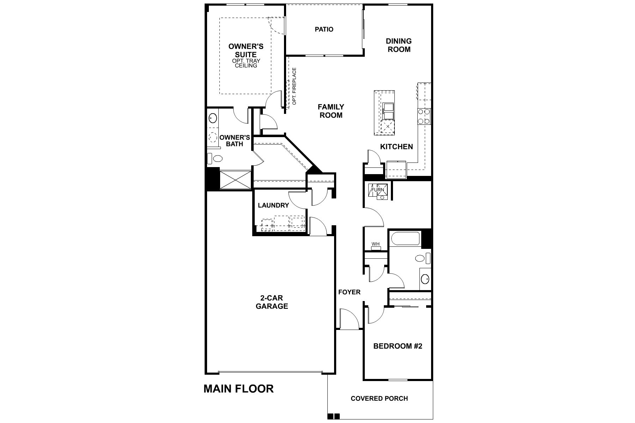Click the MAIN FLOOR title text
pos(238,389)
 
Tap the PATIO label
pos(324,29)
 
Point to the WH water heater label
pos(375,244)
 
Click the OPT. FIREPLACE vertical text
pos(294,86)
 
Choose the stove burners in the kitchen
pos(424,117)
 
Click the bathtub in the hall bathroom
pos(405,239)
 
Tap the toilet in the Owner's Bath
pos(216,158)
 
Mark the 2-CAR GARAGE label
pos(272,302)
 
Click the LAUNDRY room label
pos(273,205)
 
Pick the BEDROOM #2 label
pos(398,346)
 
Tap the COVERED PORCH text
pos(379,399)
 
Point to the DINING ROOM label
pos(399,45)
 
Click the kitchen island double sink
pos(388,111)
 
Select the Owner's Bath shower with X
pos(235,180)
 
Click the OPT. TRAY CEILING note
pos(246,63)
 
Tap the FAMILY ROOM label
pos(331,111)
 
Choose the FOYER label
pos(349,292)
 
